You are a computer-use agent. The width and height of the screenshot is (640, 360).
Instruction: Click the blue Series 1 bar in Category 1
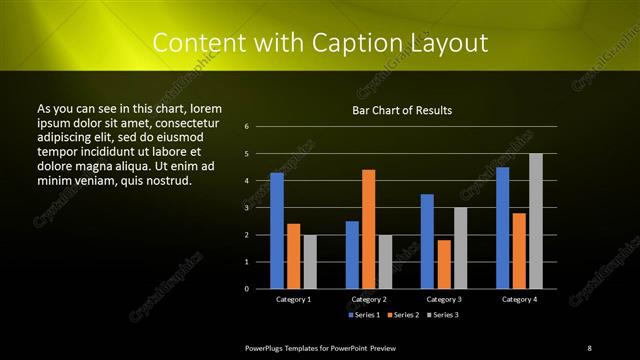point(277,231)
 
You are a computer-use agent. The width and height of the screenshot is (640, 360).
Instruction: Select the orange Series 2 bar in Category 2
point(368,229)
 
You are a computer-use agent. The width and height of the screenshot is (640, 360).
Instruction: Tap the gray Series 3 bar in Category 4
point(535,221)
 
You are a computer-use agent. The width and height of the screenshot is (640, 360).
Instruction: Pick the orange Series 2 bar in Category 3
point(443,264)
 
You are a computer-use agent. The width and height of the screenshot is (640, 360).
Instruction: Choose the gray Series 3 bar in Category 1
point(310,262)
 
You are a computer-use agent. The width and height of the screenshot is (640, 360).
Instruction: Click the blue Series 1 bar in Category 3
point(427,241)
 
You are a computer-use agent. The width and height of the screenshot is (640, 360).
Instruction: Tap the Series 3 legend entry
point(442,315)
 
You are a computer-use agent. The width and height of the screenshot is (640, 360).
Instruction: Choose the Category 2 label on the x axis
point(368,299)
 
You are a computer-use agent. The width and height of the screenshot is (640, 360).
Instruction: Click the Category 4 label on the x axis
point(518,299)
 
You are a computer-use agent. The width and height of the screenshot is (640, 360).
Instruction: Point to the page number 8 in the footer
point(589,347)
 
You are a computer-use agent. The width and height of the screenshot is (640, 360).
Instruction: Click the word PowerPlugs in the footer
point(265,347)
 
